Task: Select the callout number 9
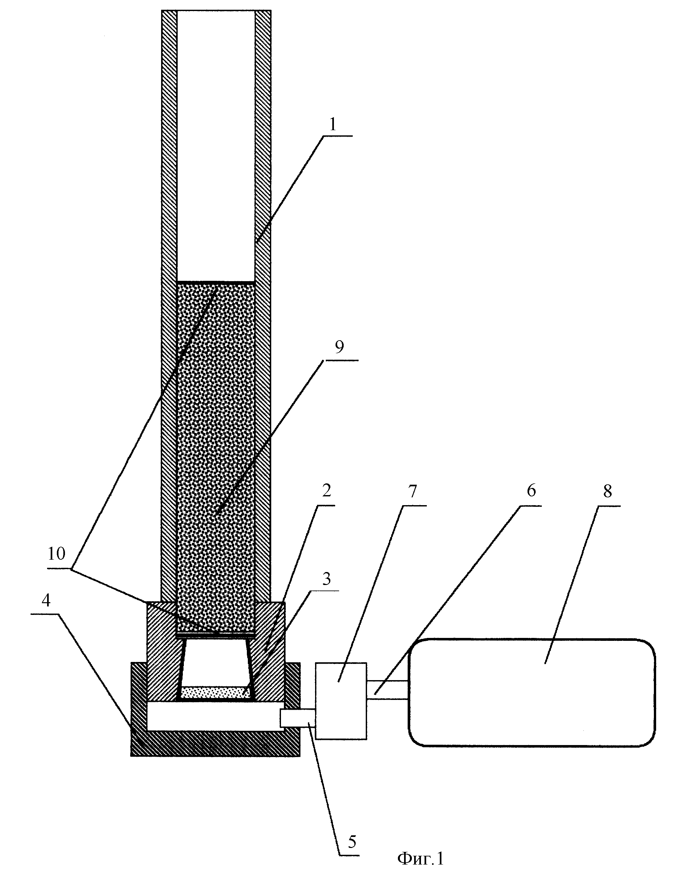(x=339, y=347)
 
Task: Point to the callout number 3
(x=326, y=579)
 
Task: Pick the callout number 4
(x=46, y=600)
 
